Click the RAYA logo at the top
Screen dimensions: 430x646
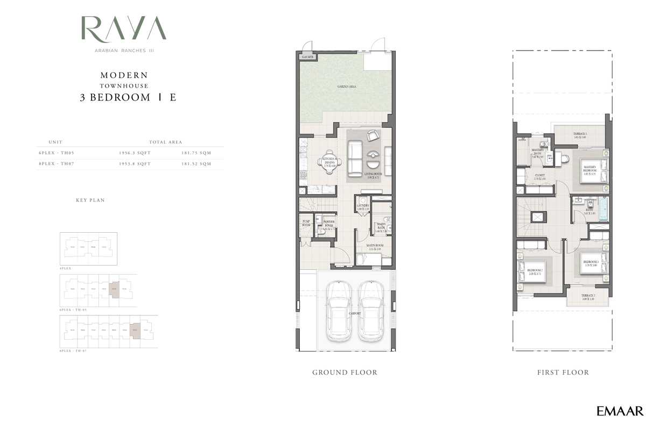[x=123, y=28]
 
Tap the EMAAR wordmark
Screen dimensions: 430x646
[x=620, y=411]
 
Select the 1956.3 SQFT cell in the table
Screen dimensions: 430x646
[x=135, y=153]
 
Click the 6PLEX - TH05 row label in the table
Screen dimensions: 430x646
[x=56, y=153]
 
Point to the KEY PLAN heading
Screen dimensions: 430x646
[x=90, y=200]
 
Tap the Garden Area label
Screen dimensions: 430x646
[x=347, y=87]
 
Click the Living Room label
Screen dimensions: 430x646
[x=374, y=174]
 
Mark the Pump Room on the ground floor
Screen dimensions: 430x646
[x=307, y=223]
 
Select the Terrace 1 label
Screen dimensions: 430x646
[x=580, y=135]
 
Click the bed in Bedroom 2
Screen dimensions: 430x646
[x=525, y=270]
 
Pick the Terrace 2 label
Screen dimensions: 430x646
[x=588, y=297]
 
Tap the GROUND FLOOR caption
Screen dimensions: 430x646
[x=345, y=372]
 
